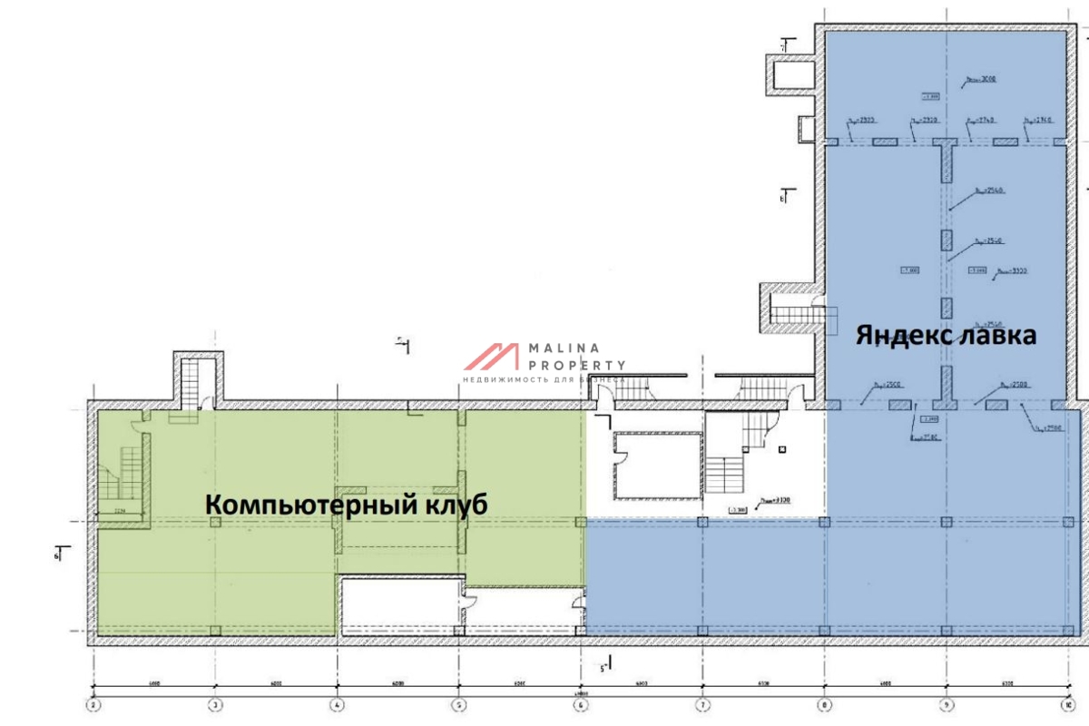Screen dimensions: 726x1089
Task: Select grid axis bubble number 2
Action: click(92, 703)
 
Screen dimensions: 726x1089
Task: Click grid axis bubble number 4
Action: click(337, 703)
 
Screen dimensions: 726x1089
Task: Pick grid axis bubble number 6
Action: click(581, 703)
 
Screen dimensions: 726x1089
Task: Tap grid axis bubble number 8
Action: click(825, 703)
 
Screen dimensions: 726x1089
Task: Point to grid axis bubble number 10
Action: click(1068, 703)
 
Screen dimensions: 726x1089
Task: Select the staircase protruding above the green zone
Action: click(195, 382)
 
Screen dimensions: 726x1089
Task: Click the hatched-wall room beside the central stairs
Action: click(658, 465)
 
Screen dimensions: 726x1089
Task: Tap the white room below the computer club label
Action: click(399, 603)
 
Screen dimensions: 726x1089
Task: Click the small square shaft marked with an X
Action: click(781, 448)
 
